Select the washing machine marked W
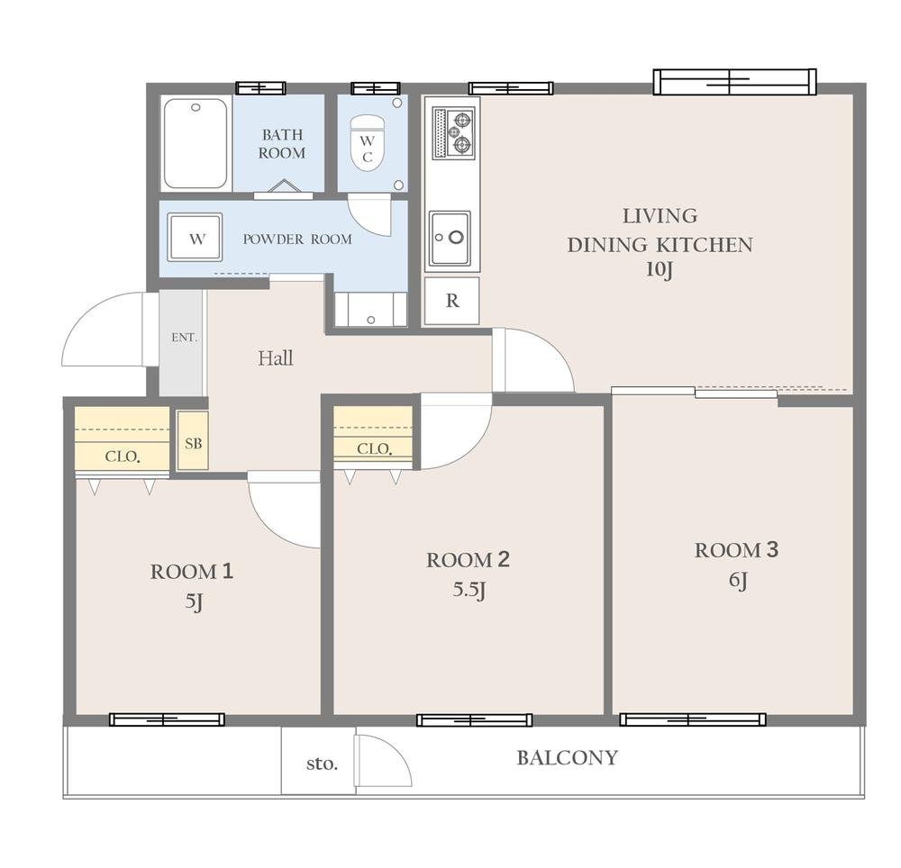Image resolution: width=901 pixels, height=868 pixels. tap(195, 237)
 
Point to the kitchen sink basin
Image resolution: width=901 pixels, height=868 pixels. tap(450, 238)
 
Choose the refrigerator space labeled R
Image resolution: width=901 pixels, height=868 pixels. tap(451, 301)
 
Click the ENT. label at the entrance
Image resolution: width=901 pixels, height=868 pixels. tap(185, 338)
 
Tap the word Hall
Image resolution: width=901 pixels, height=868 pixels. tap(275, 358)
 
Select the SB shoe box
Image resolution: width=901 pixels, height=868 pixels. tap(193, 440)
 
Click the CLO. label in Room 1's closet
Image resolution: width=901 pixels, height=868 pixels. tap(123, 457)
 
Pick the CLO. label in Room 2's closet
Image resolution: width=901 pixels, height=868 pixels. tap(374, 449)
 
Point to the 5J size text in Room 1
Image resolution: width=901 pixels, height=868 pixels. tap(194, 602)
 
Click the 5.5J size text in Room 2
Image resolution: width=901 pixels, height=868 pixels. tap(469, 590)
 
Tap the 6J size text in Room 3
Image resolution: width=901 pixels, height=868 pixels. tap(739, 581)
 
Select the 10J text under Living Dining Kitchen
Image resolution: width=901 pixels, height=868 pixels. tap(660, 270)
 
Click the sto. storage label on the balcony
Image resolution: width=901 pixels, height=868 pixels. tap(322, 764)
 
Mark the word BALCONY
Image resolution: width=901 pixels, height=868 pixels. tap(567, 758)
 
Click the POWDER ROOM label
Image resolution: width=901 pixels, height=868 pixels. tap(297, 240)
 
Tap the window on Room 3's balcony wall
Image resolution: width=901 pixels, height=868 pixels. tap(692, 719)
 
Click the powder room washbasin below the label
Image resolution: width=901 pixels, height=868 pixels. tap(370, 310)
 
